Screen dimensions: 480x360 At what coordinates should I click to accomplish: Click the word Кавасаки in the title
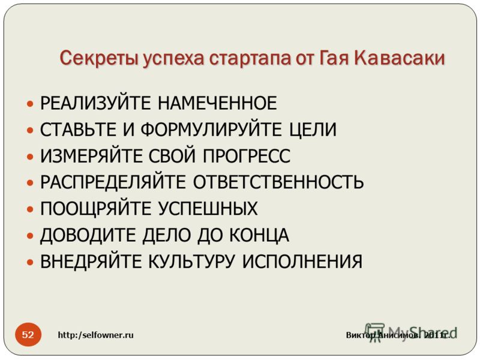(399, 58)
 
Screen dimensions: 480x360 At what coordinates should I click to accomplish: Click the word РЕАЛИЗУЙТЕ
(95, 103)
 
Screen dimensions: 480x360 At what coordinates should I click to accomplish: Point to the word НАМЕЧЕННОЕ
(217, 103)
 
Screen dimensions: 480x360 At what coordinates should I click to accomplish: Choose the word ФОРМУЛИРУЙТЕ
(211, 129)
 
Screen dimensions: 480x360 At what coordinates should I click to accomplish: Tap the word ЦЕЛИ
(313, 130)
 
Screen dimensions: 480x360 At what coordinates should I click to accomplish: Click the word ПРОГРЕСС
(247, 156)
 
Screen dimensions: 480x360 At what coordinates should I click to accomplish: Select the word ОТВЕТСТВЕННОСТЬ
(278, 182)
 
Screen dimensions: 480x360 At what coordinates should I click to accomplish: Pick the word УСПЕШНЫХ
(208, 208)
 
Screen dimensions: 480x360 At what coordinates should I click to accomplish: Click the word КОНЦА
(259, 235)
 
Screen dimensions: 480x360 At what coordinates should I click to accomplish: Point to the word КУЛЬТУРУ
(192, 262)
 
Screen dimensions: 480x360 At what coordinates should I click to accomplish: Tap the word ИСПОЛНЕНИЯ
(302, 262)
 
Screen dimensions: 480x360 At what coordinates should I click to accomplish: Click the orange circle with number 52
(28, 334)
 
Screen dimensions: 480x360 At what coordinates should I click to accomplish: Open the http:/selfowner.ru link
(96, 335)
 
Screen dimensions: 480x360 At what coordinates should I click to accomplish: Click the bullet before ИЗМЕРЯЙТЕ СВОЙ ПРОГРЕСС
(29, 157)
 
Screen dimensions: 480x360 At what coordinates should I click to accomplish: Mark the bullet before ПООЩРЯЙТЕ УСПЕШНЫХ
(29, 209)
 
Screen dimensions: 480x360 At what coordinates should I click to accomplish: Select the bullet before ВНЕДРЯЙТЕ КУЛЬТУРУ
(29, 262)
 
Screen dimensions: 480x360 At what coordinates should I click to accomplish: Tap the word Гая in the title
(333, 58)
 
